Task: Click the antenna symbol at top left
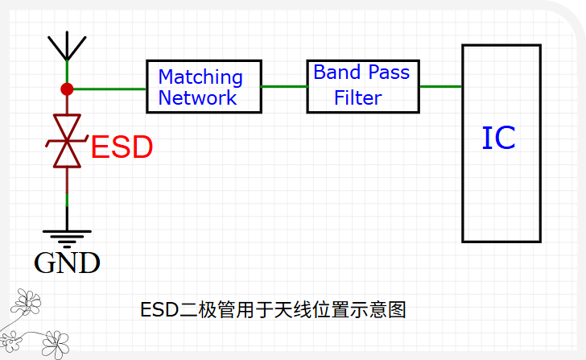point(67,46)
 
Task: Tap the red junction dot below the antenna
point(67,89)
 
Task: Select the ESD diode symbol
point(67,141)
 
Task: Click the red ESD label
point(122,147)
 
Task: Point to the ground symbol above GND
point(67,236)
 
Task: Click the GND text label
point(67,263)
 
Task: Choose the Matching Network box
point(204,87)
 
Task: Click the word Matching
point(200,77)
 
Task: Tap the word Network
point(197,97)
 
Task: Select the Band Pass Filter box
point(363,85)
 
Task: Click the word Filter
point(358,98)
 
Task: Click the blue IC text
point(498,139)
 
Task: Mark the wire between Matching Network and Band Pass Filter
point(284,86)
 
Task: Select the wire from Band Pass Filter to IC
point(440,86)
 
